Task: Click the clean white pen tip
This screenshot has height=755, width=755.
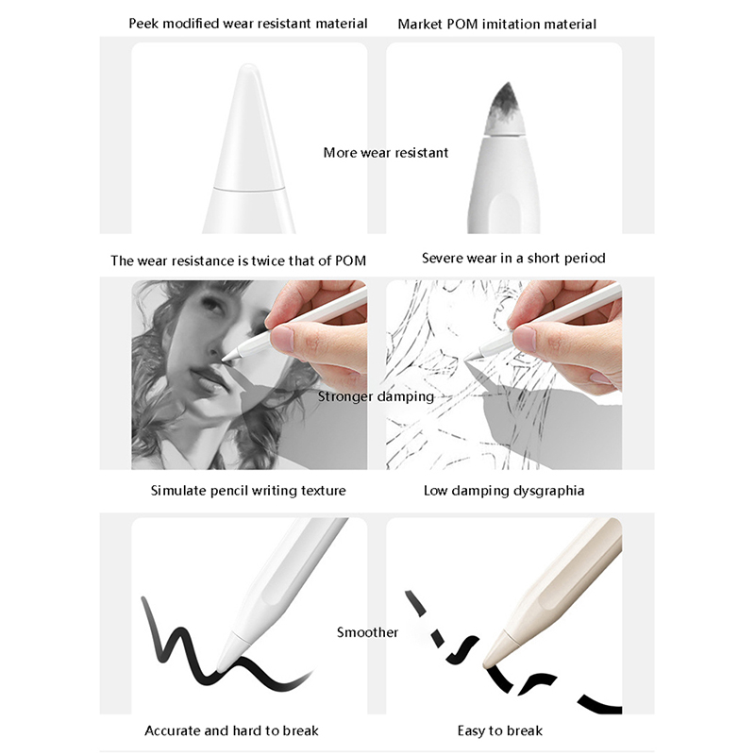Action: [249, 127]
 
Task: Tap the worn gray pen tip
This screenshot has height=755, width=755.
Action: [505, 109]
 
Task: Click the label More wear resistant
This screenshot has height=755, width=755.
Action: [386, 153]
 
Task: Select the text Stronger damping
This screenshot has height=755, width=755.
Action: [376, 396]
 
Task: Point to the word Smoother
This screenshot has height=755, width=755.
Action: [367, 631]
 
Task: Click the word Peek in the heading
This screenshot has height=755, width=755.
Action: [143, 23]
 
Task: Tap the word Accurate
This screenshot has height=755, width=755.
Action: [173, 730]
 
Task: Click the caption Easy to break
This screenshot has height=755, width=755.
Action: [500, 730]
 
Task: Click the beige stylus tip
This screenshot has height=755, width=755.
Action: [498, 648]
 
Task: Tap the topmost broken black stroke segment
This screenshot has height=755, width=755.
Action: [416, 603]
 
